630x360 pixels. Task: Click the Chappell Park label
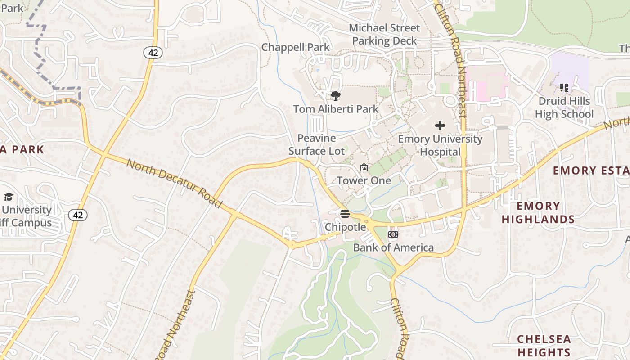[x=295, y=47]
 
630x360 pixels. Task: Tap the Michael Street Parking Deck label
[x=384, y=34]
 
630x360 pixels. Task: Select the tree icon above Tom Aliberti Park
[x=335, y=96]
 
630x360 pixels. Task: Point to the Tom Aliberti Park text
[x=336, y=109]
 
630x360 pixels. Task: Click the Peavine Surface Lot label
[x=317, y=144]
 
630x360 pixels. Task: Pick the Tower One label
[x=364, y=181]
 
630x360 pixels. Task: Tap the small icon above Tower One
[x=364, y=168]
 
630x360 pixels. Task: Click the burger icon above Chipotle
[x=345, y=214]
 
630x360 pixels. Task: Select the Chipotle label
[x=346, y=227]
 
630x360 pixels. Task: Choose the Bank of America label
[x=393, y=247]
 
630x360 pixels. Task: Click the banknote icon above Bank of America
[x=393, y=234]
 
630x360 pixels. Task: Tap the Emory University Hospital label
[x=440, y=145]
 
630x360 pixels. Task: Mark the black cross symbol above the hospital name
[x=440, y=126]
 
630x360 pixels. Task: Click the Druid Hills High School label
[x=564, y=108]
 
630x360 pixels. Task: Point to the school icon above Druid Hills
[x=564, y=88]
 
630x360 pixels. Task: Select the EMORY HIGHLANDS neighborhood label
[x=538, y=213]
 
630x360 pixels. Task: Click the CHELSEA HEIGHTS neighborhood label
[x=544, y=346]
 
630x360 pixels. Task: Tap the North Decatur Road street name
[x=174, y=184]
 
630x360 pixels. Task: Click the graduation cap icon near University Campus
[x=9, y=197]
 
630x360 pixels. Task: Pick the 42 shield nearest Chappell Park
[x=153, y=53]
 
